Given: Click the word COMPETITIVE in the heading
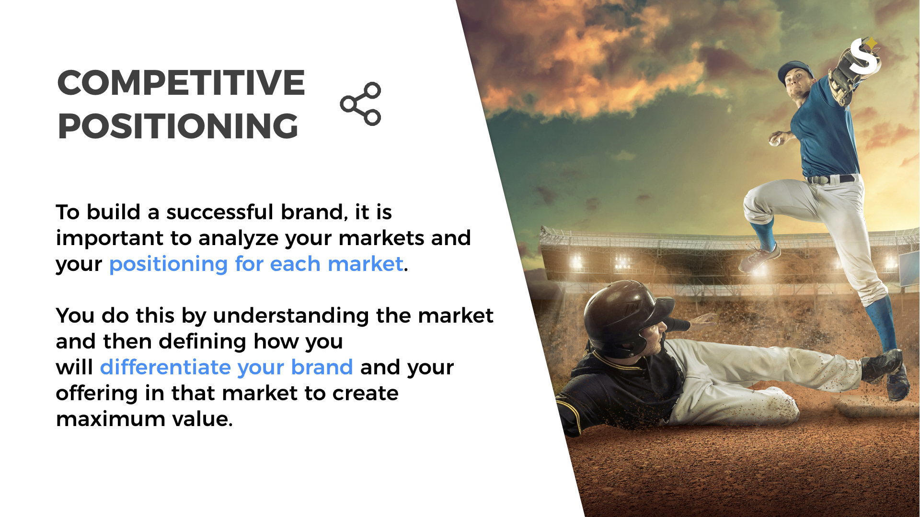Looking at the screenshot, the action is (x=181, y=82).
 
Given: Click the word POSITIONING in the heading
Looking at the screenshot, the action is (x=178, y=126).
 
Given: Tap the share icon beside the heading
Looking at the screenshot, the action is (x=360, y=104).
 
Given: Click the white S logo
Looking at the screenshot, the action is (x=864, y=56).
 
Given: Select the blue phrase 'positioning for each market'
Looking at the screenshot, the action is (x=256, y=264).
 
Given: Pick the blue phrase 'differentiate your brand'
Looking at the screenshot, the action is (x=227, y=367).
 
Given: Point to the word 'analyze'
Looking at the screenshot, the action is (x=238, y=238).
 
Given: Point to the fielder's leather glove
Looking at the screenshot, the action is (x=846, y=77).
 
